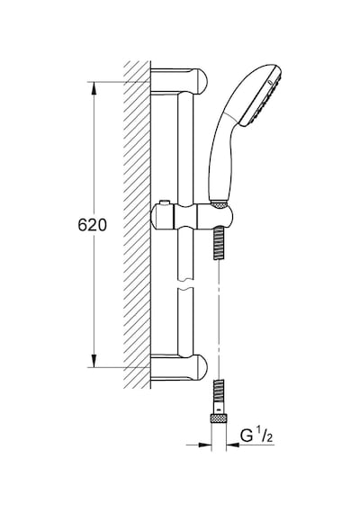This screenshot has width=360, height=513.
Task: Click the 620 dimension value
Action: (93, 225)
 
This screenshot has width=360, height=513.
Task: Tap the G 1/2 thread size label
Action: (256, 436)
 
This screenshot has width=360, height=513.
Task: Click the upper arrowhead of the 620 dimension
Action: (94, 88)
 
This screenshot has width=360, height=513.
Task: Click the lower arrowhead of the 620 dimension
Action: (94, 361)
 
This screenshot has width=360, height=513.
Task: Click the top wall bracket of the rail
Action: (179, 82)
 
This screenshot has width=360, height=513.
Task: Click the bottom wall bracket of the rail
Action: (179, 368)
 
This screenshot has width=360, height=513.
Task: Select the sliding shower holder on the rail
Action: (192, 217)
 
